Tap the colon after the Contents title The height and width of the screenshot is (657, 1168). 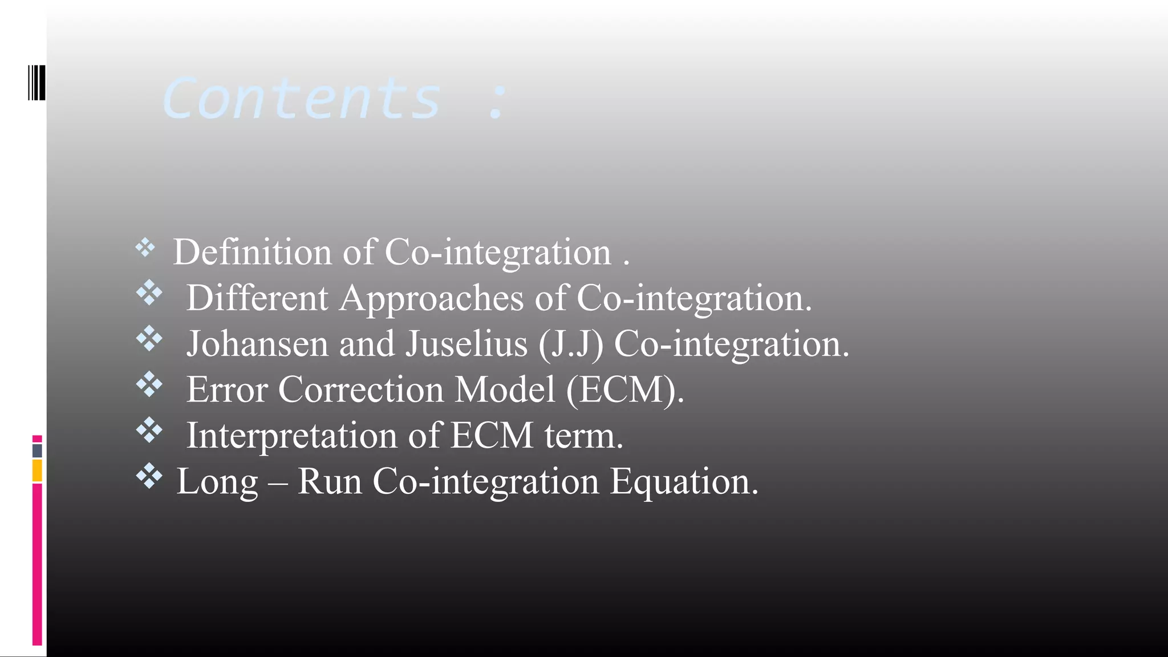click(x=497, y=102)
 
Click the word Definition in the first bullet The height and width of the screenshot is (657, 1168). click(x=252, y=252)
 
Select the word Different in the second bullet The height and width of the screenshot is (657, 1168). click(x=257, y=298)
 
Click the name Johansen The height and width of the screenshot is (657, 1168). click(x=257, y=344)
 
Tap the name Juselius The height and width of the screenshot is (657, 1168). click(x=467, y=344)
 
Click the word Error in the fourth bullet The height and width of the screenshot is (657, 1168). click(x=227, y=390)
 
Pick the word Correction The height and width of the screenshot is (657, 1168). click(x=360, y=390)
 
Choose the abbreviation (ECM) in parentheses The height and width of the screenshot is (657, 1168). click(x=625, y=390)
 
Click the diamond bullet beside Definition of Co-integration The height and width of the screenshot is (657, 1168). click(x=145, y=248)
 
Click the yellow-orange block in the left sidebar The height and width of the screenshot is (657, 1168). click(x=37, y=471)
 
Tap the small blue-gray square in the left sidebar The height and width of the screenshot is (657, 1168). click(x=37, y=451)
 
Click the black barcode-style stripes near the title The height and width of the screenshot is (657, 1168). click(x=36, y=83)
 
